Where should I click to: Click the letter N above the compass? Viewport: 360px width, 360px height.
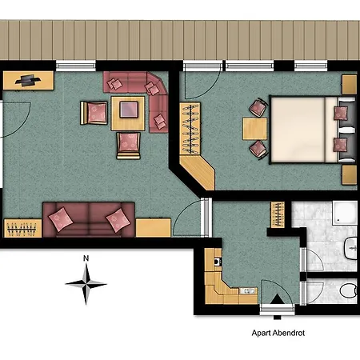(x=86, y=258)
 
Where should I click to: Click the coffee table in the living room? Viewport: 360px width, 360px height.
(x=128, y=112)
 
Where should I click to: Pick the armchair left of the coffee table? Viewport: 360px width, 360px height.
(x=94, y=113)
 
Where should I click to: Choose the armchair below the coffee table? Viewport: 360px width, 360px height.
(x=128, y=144)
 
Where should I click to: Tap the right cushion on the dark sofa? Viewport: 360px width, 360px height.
(x=118, y=217)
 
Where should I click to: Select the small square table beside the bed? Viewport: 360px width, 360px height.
(x=252, y=128)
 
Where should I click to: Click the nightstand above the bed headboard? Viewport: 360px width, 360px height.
(x=349, y=84)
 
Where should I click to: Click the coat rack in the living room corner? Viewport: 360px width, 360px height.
(x=22, y=228)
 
